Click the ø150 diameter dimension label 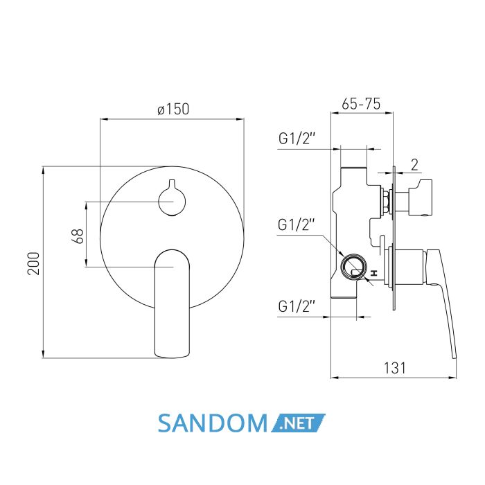pos(173,109)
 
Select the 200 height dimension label pos(34,263)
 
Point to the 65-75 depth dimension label pos(361,104)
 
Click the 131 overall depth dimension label pos(394,368)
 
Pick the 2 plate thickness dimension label pos(414,165)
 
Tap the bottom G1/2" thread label pos(297,306)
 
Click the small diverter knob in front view pos(172,199)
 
